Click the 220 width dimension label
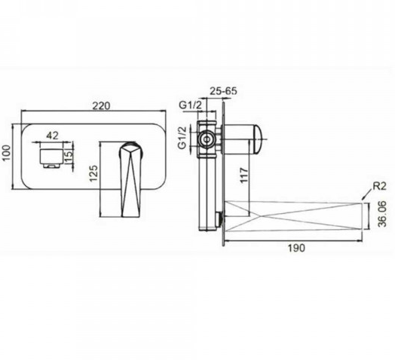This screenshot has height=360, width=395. point(101,106)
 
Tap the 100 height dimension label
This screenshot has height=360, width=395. point(7,153)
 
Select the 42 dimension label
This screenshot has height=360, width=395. point(53,136)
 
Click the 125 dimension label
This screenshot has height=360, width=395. point(93,173)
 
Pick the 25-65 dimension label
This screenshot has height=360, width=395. point(223,90)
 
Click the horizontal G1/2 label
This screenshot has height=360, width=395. point(191,105)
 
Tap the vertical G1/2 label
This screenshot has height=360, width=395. point(182,138)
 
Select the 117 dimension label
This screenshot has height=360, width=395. point(243,175)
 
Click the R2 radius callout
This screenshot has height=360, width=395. point(379,186)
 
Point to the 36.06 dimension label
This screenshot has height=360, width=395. point(382,214)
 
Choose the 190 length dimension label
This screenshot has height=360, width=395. point(296,248)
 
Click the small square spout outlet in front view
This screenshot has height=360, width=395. point(51,158)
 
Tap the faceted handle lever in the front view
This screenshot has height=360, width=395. point(130,180)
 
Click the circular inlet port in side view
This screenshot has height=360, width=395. point(207,139)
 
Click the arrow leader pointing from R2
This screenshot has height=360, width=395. point(366,195)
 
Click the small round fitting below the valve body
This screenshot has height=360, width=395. point(219,217)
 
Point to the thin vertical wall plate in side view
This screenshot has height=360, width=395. point(223,174)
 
